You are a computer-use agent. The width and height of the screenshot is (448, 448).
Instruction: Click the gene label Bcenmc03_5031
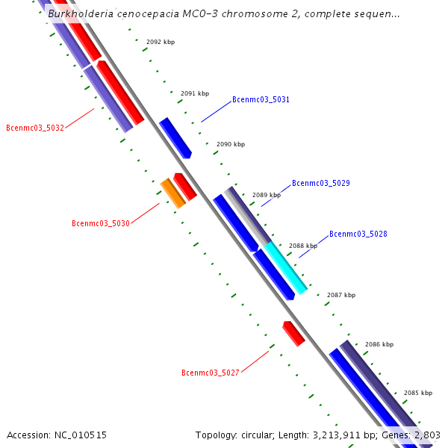[261, 99]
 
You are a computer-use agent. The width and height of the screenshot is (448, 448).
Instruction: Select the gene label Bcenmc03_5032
[35, 128]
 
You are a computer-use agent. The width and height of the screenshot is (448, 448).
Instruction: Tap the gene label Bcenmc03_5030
[101, 223]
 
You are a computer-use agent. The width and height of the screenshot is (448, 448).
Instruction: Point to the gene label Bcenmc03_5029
[320, 183]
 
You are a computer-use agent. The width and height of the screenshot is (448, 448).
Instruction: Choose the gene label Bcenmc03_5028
[358, 234]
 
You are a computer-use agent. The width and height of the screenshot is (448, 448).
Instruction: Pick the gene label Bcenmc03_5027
[211, 373]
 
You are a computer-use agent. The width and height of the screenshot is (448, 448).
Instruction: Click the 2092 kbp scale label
[161, 43]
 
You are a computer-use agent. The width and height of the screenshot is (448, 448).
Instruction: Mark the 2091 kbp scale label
[195, 94]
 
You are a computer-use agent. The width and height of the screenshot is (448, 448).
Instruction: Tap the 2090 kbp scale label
[231, 144]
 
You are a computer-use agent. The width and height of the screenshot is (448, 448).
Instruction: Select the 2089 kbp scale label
[267, 195]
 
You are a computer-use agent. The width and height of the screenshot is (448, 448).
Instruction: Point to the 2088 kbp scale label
[303, 246]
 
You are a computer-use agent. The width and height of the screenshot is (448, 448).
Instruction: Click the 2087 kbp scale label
[340, 295]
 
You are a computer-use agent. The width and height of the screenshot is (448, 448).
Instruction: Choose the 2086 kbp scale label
[379, 344]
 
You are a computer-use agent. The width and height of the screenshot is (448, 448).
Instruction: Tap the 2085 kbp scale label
[418, 393]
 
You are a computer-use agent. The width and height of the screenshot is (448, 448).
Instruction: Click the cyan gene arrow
[285, 267]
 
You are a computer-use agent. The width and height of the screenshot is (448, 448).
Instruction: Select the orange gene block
[173, 193]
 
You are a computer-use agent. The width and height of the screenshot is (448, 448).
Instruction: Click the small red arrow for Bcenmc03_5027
[293, 333]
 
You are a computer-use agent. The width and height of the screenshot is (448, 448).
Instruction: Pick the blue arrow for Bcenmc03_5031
[175, 137]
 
